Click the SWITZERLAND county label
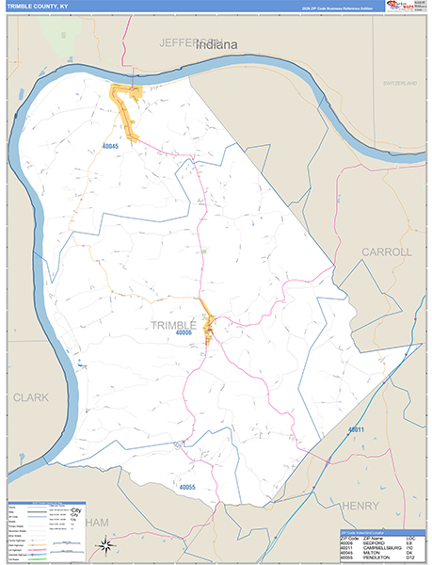(x=399, y=84)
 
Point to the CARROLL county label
(x=386, y=252)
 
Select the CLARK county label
(x=31, y=397)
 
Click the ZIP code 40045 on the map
(x=112, y=145)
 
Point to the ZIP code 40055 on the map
(x=188, y=487)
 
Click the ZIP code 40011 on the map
(x=355, y=429)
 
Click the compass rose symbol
(x=107, y=544)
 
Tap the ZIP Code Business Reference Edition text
(x=337, y=8)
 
